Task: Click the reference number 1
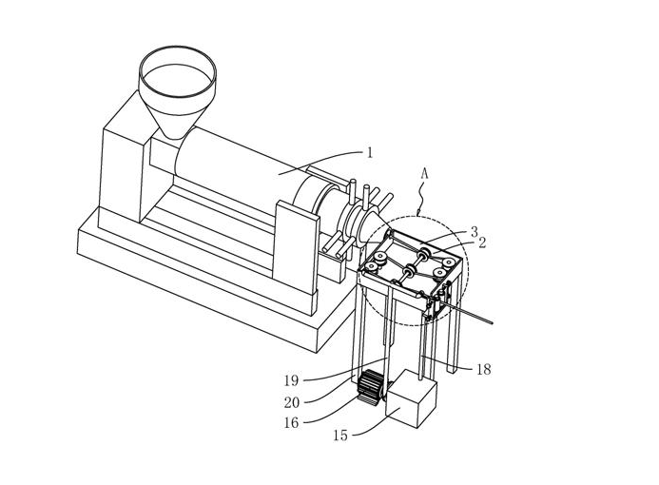(x=370, y=152)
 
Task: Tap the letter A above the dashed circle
(x=424, y=174)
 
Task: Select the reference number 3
(x=475, y=232)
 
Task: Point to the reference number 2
(x=482, y=242)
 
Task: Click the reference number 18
(x=484, y=369)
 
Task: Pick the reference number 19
(x=291, y=380)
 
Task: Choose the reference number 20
(x=292, y=402)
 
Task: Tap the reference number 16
(x=291, y=423)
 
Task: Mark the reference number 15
(x=340, y=436)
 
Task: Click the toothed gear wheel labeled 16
(x=370, y=387)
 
